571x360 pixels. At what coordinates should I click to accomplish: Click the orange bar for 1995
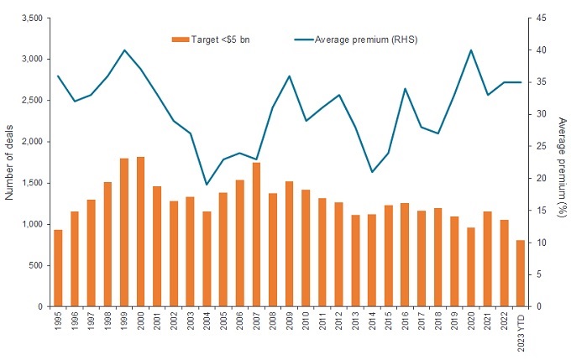click(58, 268)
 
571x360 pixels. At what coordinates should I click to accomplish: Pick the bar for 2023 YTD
click(520, 273)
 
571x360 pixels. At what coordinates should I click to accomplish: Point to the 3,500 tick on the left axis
click(36, 18)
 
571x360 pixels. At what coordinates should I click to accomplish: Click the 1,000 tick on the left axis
click(36, 224)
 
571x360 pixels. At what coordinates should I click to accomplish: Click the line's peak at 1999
click(124, 50)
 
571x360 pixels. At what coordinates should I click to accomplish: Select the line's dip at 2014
click(372, 172)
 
